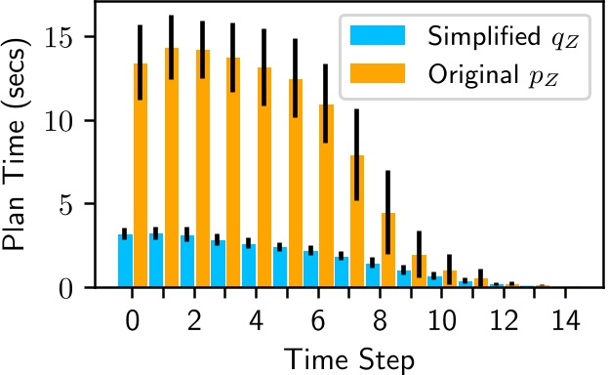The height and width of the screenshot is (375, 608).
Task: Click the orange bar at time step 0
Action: [x=141, y=176]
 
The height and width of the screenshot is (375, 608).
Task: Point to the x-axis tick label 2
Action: [x=195, y=320]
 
